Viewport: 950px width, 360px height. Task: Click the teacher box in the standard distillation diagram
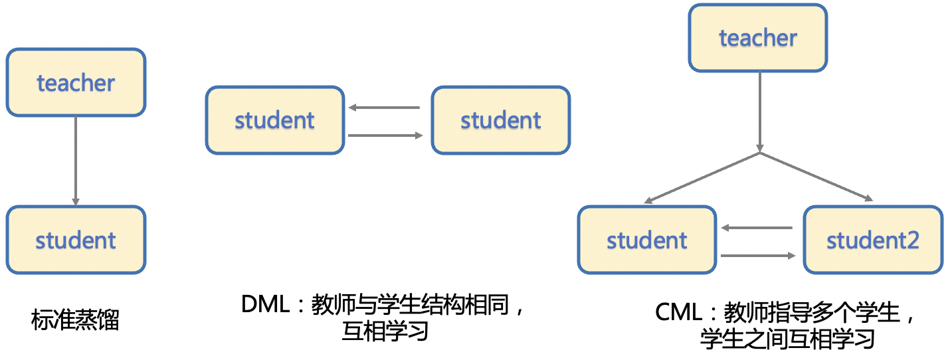[76, 82]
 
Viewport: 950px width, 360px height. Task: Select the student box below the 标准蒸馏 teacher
[76, 240]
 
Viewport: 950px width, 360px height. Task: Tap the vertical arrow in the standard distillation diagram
[76, 161]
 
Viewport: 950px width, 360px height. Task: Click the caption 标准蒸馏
[75, 319]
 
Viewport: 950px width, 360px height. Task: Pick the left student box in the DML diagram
[275, 120]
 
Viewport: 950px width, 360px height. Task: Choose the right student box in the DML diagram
[501, 120]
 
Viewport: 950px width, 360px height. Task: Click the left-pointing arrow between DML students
[384, 108]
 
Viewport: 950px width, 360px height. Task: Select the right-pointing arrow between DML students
[385, 135]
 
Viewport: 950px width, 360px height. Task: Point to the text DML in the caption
[266, 304]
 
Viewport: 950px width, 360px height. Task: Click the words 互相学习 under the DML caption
[385, 331]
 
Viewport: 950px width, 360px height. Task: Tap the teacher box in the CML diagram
[758, 38]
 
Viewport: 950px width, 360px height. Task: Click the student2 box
[873, 240]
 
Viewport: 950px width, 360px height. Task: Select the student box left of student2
[647, 240]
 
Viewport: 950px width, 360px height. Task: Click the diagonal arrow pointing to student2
[816, 177]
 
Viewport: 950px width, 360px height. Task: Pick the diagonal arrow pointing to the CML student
[702, 177]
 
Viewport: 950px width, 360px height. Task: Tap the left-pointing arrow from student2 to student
[757, 228]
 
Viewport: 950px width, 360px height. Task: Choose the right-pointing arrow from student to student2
[758, 256]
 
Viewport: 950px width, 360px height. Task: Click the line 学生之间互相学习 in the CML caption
[787, 339]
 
